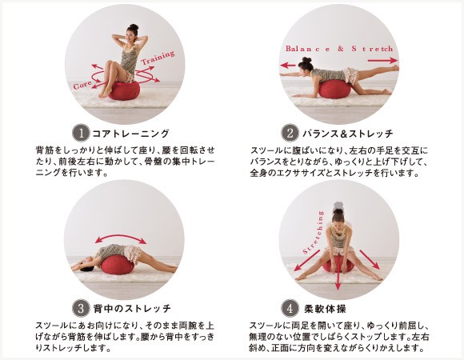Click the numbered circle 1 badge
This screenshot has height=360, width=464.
(x=81, y=133)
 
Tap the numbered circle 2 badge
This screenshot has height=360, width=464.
(x=290, y=133)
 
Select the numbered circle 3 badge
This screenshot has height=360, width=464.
(x=81, y=308)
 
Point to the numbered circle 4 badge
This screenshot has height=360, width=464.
(x=290, y=308)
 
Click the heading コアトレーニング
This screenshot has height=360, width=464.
(x=130, y=134)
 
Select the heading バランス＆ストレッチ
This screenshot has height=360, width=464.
(x=348, y=134)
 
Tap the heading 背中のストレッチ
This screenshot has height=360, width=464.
(x=132, y=309)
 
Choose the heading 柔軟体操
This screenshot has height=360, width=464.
(x=325, y=309)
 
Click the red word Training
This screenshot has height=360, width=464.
(x=158, y=58)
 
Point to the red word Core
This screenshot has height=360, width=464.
(x=82, y=85)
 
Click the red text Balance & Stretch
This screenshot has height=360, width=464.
(x=339, y=49)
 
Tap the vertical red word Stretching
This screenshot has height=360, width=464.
(x=314, y=233)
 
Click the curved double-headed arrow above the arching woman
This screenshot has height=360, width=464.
(x=121, y=236)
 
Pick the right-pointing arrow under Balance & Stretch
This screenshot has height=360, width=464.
(x=382, y=60)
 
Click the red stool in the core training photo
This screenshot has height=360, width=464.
(x=124, y=91)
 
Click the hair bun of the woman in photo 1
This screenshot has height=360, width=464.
(x=134, y=27)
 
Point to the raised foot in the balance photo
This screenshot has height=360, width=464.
(x=395, y=68)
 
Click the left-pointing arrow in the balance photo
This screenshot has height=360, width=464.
(x=288, y=65)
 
